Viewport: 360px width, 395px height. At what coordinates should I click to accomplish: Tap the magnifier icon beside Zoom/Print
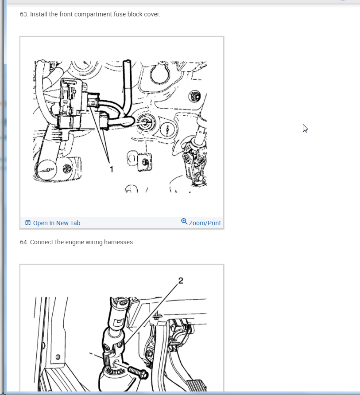pos(184,221)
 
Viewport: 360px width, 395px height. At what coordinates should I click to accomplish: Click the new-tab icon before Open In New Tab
pos(27,223)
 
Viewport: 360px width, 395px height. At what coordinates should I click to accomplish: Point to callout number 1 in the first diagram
pos(112,169)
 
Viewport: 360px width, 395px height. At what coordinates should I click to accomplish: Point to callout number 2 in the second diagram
pos(181,281)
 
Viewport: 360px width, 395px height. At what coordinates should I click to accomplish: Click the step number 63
pos(23,14)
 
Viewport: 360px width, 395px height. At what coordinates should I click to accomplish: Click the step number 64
pos(23,242)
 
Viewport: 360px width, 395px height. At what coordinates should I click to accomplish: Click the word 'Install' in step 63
pos(39,14)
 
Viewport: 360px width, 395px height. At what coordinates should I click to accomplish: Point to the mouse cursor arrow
pos(305,129)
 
